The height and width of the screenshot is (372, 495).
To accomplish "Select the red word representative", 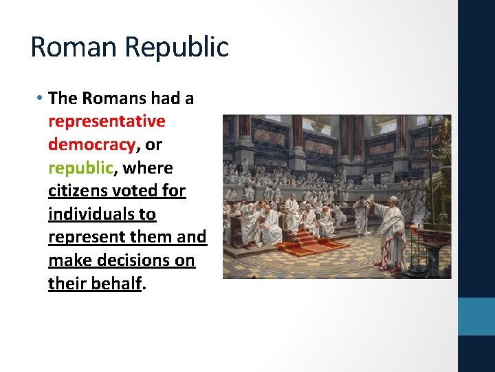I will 107,121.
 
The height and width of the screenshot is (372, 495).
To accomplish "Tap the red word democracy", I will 91,145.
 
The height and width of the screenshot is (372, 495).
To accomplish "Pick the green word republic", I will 80,168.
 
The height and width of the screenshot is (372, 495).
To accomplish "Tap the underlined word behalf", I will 117,284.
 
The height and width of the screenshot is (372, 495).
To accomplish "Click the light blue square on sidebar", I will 476,316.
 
